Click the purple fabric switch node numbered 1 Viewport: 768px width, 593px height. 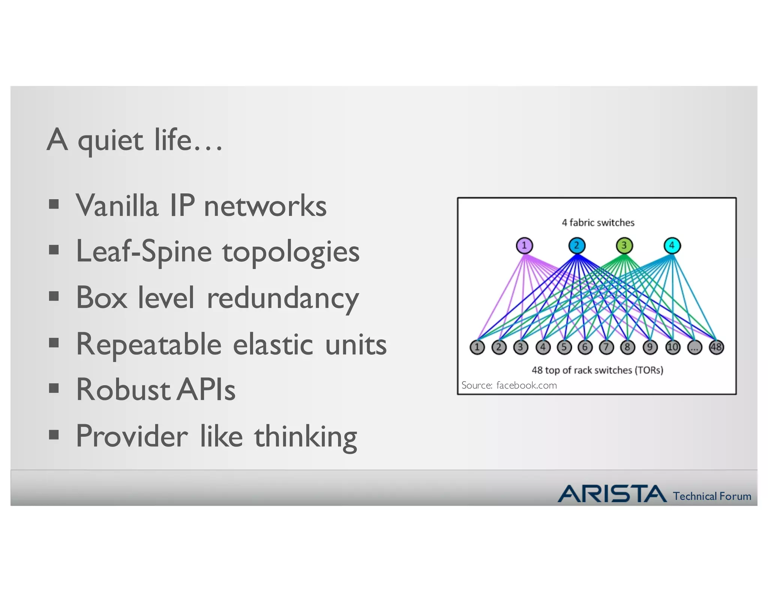click(x=524, y=246)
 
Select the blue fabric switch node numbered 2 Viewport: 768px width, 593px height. click(x=577, y=246)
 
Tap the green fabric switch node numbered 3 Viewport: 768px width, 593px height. click(x=624, y=246)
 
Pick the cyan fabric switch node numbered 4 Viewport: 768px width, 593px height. click(x=672, y=246)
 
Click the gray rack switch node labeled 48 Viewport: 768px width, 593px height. click(x=716, y=347)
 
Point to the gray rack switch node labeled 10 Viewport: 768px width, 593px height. click(x=673, y=347)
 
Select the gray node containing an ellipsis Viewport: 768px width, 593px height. click(x=694, y=347)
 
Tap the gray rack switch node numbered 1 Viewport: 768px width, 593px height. click(x=477, y=347)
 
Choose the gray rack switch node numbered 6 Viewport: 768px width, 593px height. click(x=585, y=347)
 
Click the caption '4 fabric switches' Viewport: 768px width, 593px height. click(x=598, y=223)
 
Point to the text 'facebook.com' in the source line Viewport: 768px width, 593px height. click(x=526, y=385)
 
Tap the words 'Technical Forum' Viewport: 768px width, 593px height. click(x=712, y=496)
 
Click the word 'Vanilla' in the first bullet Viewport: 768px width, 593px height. click(x=117, y=206)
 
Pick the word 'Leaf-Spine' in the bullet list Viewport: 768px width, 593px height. click(x=144, y=252)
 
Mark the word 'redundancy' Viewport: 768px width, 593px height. click(x=283, y=298)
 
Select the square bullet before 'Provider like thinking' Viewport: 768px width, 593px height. click(x=54, y=435)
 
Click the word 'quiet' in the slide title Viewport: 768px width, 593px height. click(x=110, y=141)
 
